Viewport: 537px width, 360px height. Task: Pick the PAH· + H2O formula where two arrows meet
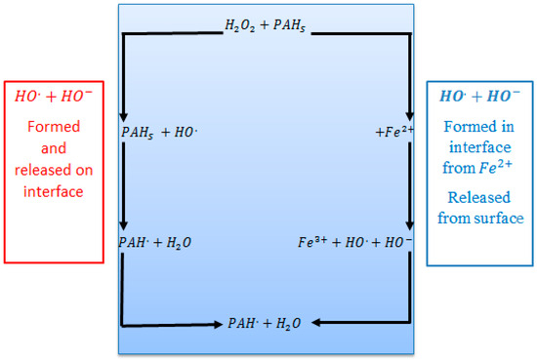[266, 322]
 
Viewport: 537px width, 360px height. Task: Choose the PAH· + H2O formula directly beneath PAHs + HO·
[156, 240]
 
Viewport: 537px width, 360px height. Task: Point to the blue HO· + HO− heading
[478, 97]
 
